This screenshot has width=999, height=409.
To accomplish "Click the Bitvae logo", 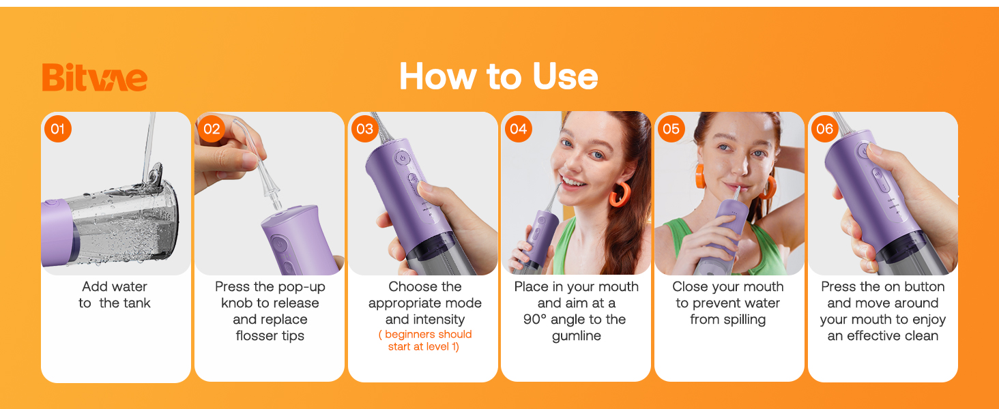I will [94, 77].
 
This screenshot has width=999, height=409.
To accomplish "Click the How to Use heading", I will [498, 76].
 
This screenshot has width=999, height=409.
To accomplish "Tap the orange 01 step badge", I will [58, 129].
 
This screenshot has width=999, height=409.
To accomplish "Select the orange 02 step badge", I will [212, 129].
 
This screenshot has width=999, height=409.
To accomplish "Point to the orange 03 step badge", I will [365, 129].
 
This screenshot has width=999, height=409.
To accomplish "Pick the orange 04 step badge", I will [518, 129].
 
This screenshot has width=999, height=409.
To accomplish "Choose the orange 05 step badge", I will [671, 129].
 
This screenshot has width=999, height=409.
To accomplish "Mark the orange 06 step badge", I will [825, 129].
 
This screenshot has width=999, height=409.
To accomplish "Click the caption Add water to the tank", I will [115, 294].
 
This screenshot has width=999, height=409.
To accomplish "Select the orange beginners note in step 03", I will [424, 340].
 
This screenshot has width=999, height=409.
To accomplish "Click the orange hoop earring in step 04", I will [619, 194].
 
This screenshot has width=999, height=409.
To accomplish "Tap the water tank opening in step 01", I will [155, 173].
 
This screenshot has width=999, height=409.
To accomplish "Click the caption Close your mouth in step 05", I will [727, 286].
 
